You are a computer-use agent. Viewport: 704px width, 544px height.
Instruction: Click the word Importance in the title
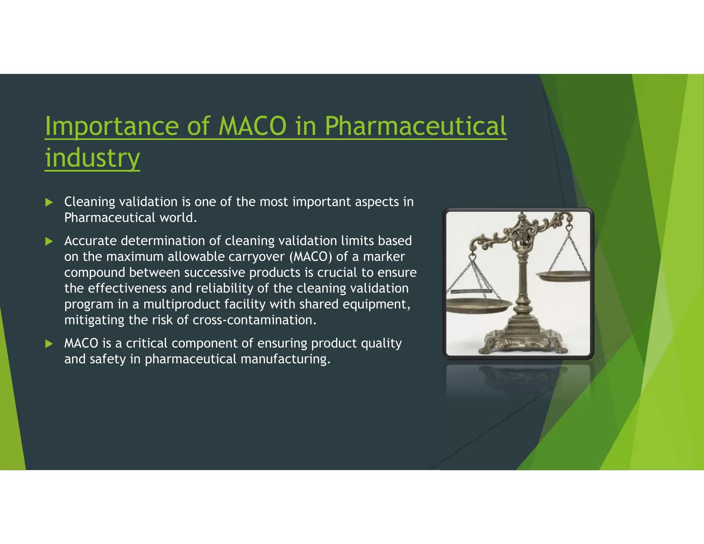(x=111, y=126)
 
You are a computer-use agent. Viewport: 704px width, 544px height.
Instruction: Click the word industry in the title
(x=92, y=158)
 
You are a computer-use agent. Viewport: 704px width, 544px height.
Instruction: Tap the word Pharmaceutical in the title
(x=415, y=126)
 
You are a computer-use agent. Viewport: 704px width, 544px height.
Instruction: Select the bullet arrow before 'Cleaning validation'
(x=49, y=202)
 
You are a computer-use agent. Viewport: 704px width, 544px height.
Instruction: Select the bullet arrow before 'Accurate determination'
(x=49, y=241)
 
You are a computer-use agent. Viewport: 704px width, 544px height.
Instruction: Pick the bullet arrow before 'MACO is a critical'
(x=49, y=344)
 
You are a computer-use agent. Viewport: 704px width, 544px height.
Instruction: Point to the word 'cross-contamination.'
(x=254, y=320)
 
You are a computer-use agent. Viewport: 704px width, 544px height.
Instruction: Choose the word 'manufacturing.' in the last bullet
(x=285, y=359)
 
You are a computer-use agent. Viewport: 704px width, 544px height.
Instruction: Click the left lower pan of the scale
(x=478, y=304)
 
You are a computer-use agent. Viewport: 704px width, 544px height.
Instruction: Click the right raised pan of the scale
(x=562, y=275)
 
